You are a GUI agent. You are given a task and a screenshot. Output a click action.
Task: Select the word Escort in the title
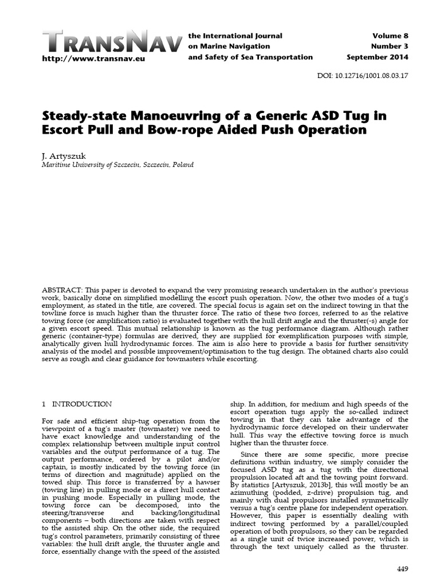pos(65,130)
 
